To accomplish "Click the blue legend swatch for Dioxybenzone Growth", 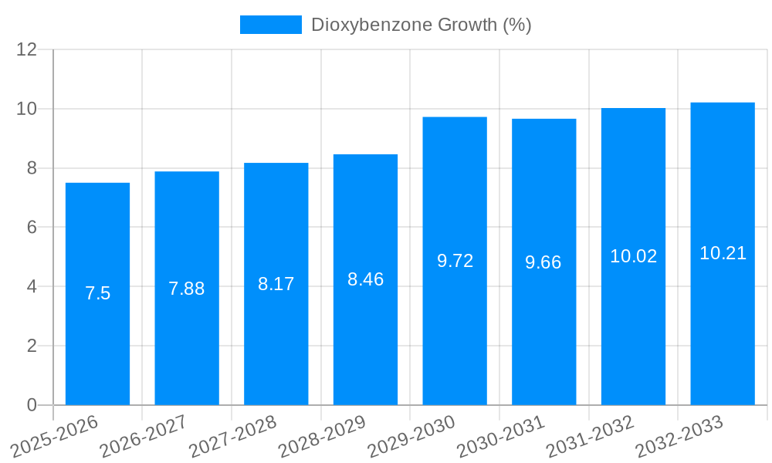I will [270, 25].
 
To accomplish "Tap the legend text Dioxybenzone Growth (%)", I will [421, 25].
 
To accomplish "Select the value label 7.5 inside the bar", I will [97, 293].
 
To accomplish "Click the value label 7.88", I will [187, 289].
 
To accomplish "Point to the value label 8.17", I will [276, 284].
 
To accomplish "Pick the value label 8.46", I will [365, 279].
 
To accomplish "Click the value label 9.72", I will [455, 261].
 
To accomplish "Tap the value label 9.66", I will [543, 262].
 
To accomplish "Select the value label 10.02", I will [633, 256].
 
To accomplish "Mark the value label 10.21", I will [723, 253].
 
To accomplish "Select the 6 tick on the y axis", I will [32, 227].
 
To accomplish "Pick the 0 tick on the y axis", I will [32, 404].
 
